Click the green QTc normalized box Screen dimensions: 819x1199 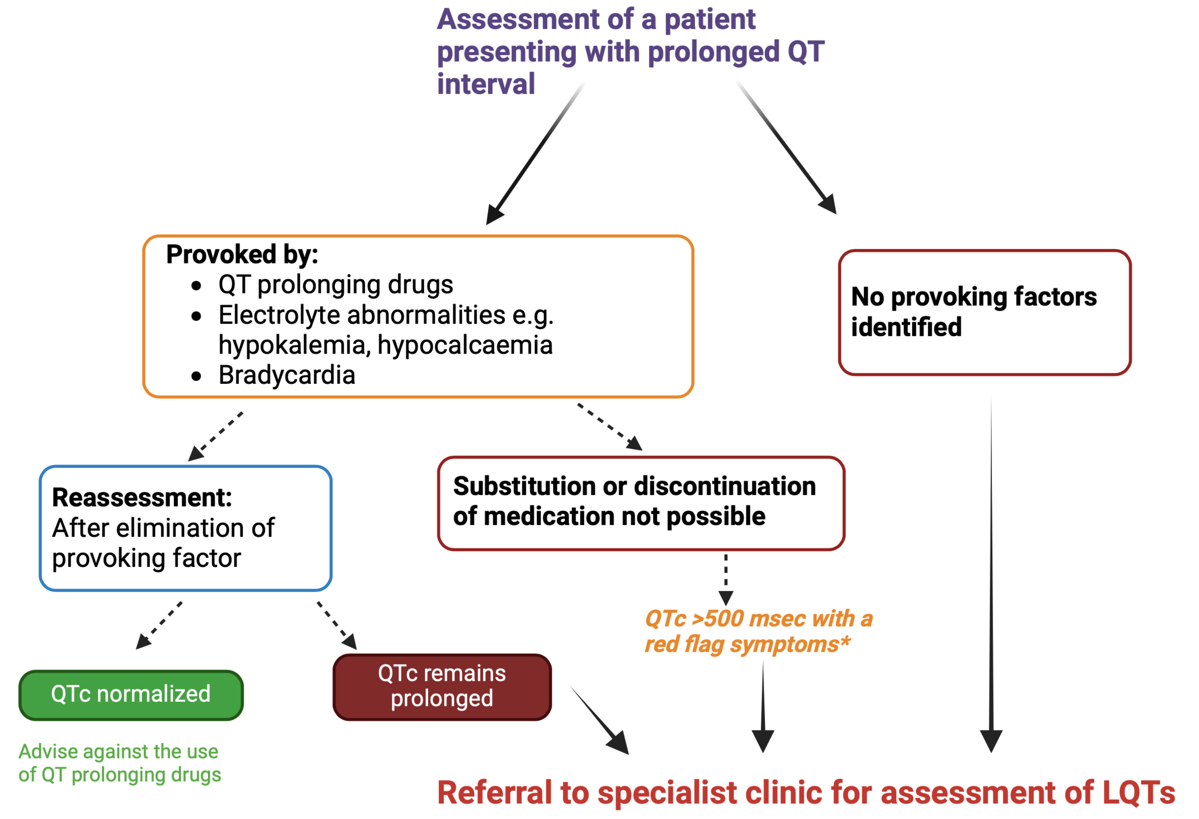[131, 695]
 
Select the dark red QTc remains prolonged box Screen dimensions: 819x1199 [442, 686]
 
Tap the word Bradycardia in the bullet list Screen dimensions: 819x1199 [287, 375]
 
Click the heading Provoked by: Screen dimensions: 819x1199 [242, 254]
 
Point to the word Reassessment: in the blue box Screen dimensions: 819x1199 [142, 498]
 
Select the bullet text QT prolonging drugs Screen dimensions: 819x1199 [335, 284]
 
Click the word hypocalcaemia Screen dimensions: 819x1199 [465, 345]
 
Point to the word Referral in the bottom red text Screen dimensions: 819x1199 [495, 793]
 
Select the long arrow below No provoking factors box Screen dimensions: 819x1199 [991, 567]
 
